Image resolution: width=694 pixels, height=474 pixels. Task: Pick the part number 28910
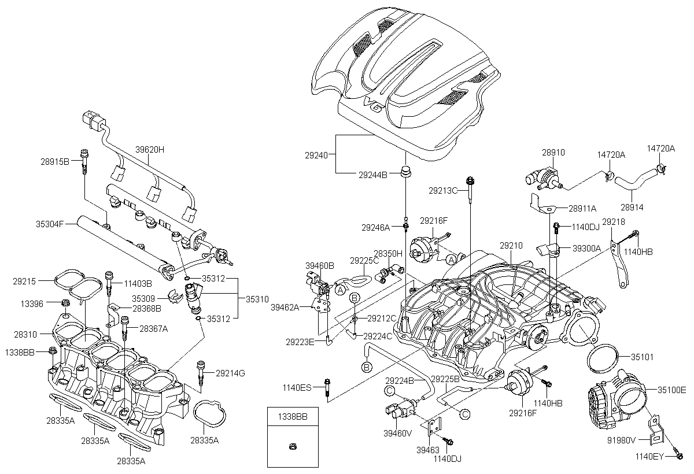coord(553,153)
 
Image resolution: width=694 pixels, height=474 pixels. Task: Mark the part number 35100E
coord(671,390)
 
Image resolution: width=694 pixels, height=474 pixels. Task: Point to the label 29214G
coord(230,373)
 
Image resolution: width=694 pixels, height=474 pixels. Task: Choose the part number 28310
coord(25,335)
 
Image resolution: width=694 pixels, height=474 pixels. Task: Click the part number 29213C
coord(444,190)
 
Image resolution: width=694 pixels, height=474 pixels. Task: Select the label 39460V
coord(397,433)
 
